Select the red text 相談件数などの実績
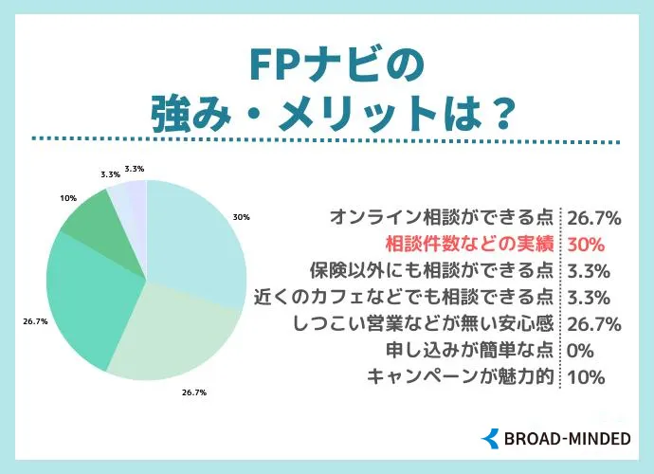pyautogui.click(x=466, y=244)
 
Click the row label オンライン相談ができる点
pyautogui.click(x=444, y=218)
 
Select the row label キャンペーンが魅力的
pyautogui.click(x=460, y=376)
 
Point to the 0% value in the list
pyautogui.click(x=579, y=350)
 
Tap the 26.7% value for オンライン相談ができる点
pyautogui.click(x=593, y=218)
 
